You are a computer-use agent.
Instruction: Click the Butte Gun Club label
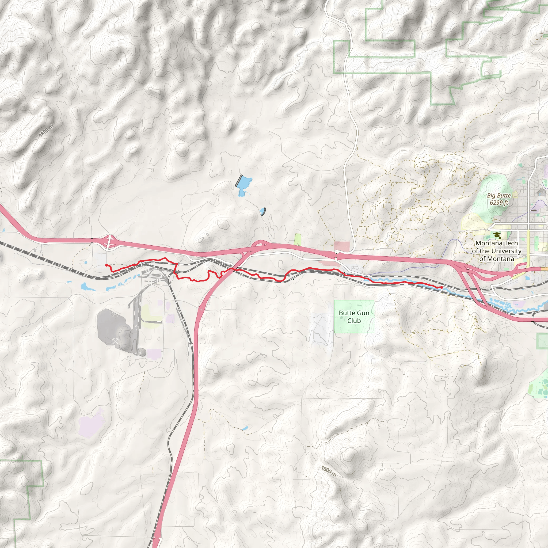(x=354, y=317)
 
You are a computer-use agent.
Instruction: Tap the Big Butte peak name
(x=499, y=195)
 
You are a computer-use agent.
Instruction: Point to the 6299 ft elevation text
(x=499, y=203)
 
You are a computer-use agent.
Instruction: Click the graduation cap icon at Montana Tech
(x=496, y=235)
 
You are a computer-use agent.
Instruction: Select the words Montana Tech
(x=496, y=243)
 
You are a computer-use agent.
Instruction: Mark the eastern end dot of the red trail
(x=442, y=288)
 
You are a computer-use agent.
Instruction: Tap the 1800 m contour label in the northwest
(x=46, y=131)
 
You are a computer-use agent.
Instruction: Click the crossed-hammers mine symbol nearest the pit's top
(x=114, y=315)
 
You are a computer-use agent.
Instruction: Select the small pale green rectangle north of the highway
(x=297, y=240)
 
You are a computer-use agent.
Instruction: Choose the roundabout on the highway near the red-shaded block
(x=336, y=252)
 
